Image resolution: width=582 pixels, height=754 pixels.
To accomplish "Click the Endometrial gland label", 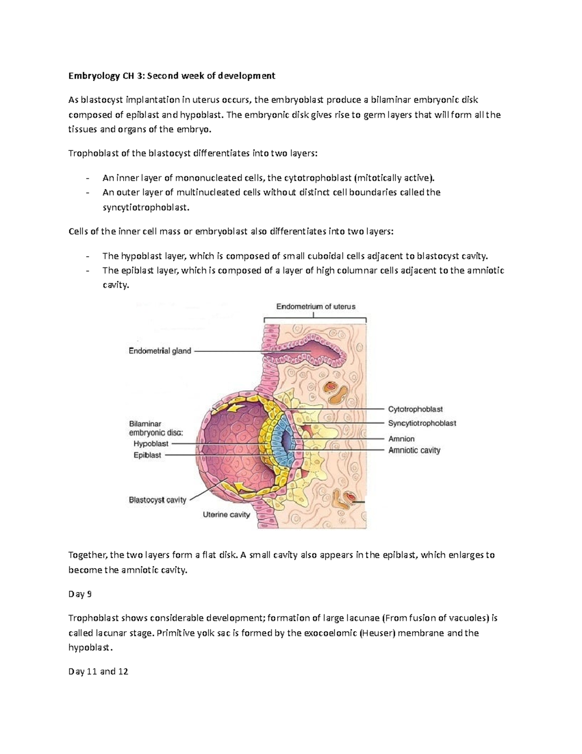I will pos(160,351).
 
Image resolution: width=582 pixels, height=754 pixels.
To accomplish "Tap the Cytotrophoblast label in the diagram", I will pos(415,409).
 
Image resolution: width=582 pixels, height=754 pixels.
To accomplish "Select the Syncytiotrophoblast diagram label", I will pos(422,423).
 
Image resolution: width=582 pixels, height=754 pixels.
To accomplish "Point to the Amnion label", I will pos(401,439).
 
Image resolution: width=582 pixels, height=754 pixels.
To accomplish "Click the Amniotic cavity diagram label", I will pos(414,450).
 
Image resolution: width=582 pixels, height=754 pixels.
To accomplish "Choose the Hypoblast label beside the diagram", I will pos(151,444).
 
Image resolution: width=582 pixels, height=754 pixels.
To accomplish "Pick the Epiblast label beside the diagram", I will pos(147,455).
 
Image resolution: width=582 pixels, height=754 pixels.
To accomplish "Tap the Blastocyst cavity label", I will pos(157,500).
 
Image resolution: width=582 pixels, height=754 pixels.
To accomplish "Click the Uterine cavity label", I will pos(226,515).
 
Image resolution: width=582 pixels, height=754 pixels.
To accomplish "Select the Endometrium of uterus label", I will pos(316,307).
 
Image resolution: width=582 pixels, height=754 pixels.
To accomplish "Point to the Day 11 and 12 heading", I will pos(98,672).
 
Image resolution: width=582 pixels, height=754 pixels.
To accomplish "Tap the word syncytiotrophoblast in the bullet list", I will pos(144,207).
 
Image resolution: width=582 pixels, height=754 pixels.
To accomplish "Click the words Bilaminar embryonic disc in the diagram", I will pos(156,428).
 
